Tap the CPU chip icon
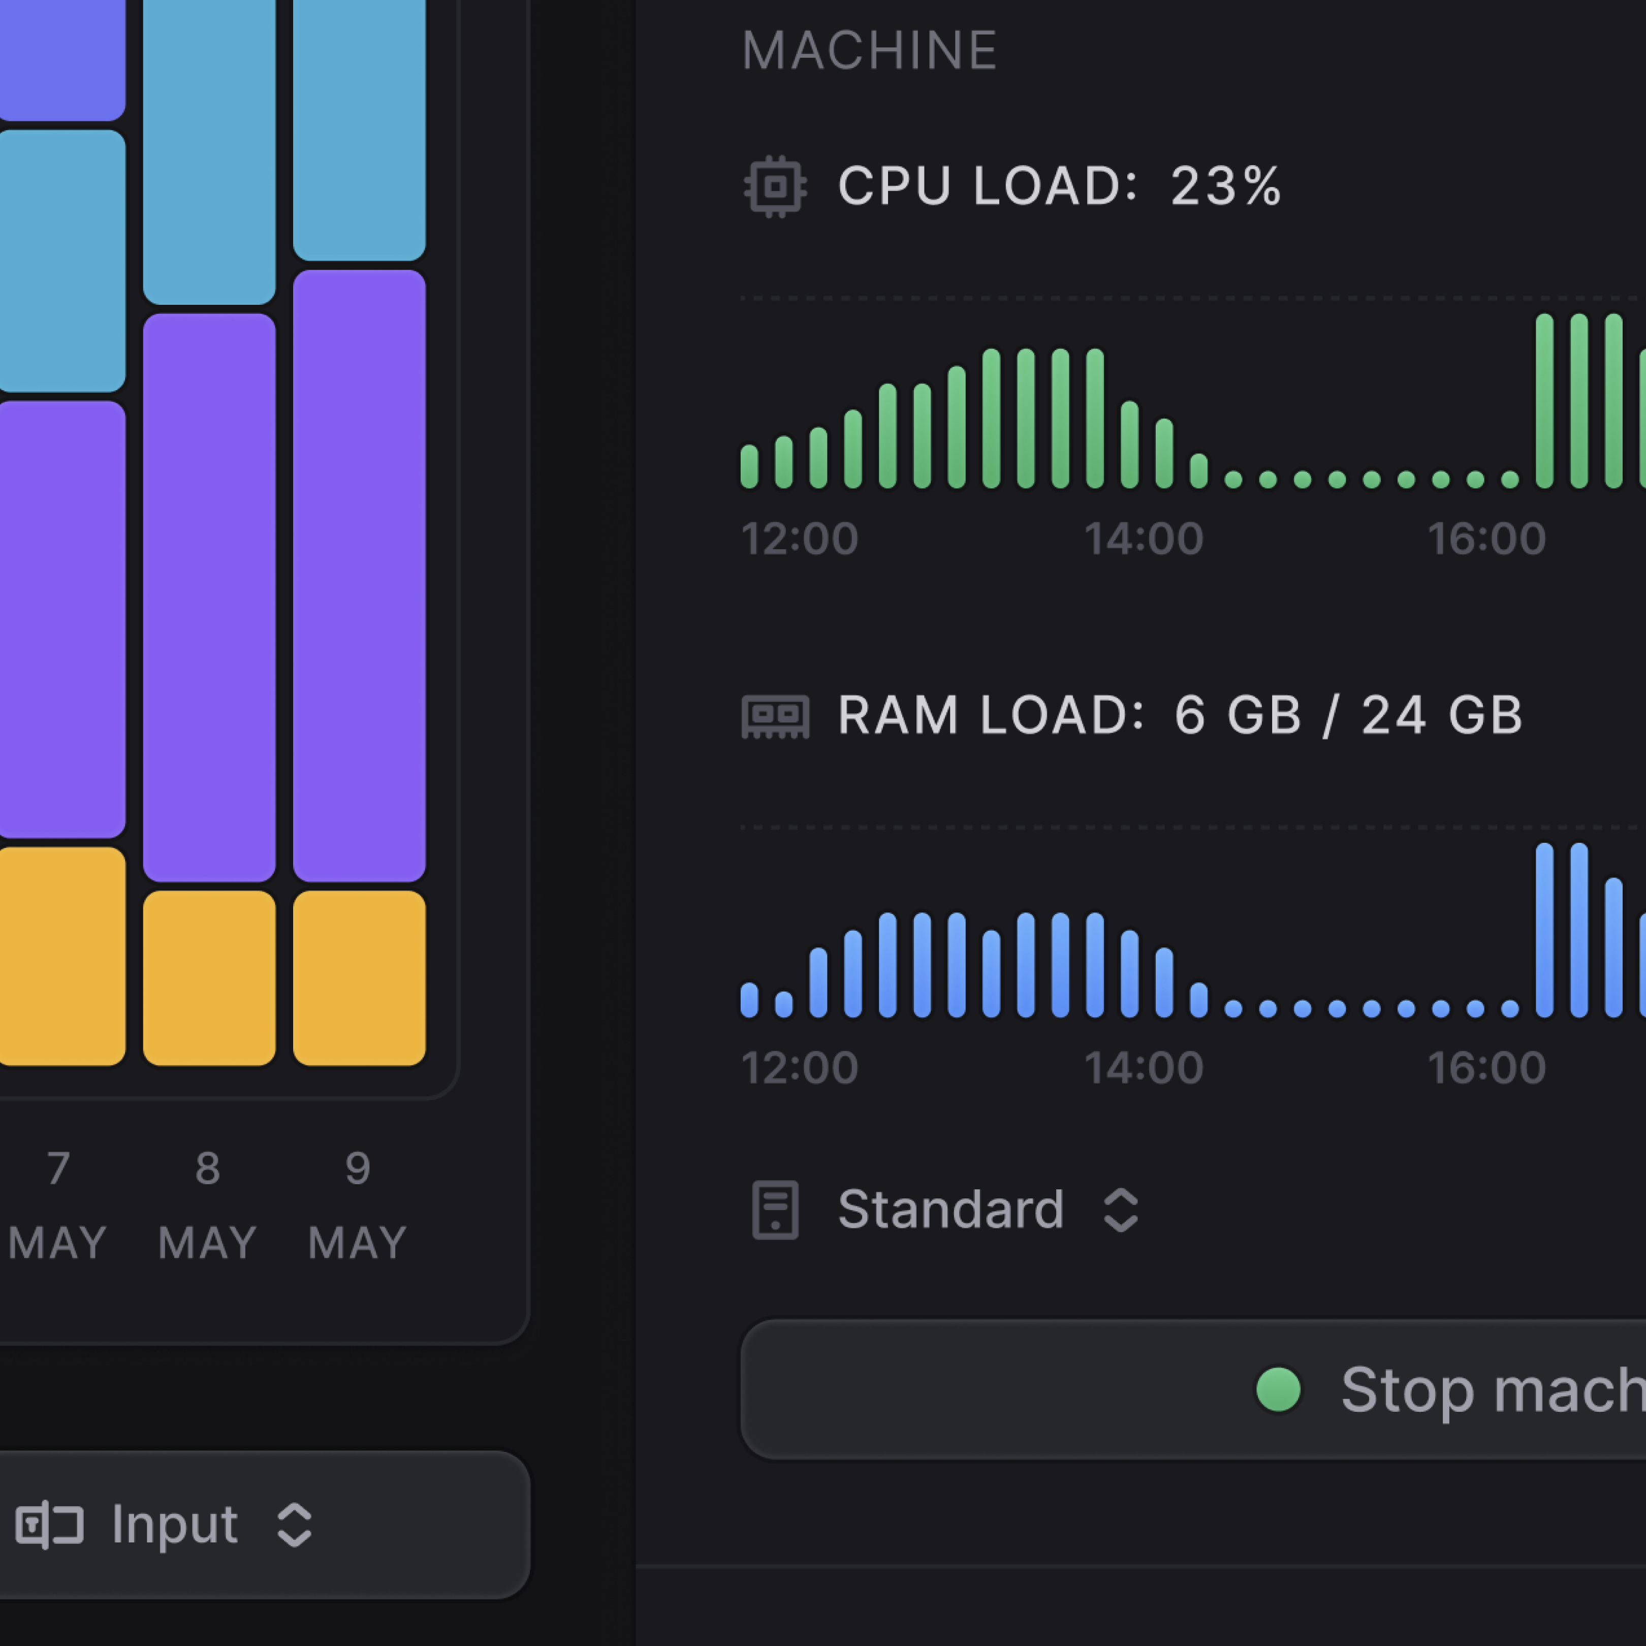tap(775, 186)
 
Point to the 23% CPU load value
tap(1225, 186)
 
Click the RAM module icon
tap(775, 716)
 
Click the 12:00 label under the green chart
tap(799, 539)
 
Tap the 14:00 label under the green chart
tap(1144, 539)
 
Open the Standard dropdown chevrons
tap(1120, 1210)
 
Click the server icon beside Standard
tap(775, 1210)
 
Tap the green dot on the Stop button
tap(1278, 1389)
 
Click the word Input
tap(175, 1524)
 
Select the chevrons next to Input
tap(295, 1524)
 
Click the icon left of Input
tap(49, 1524)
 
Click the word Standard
tap(951, 1209)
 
